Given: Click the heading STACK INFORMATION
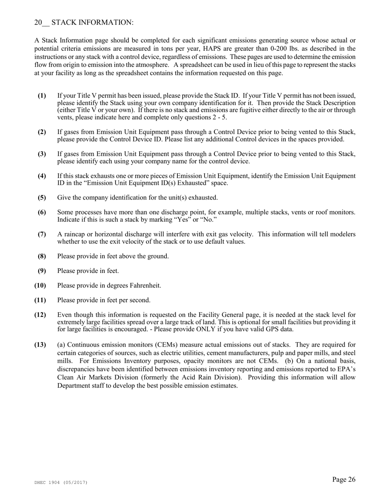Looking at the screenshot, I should (92, 23).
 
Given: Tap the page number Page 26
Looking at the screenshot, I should (344, 480).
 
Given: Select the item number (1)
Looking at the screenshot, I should (41, 95).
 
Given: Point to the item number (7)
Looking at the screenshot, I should (41, 234).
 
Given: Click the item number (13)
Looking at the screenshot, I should (40, 345).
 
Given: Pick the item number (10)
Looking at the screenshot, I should (40, 286).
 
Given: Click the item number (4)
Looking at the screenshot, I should (41, 176).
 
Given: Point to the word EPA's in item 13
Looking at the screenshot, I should (347, 370).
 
